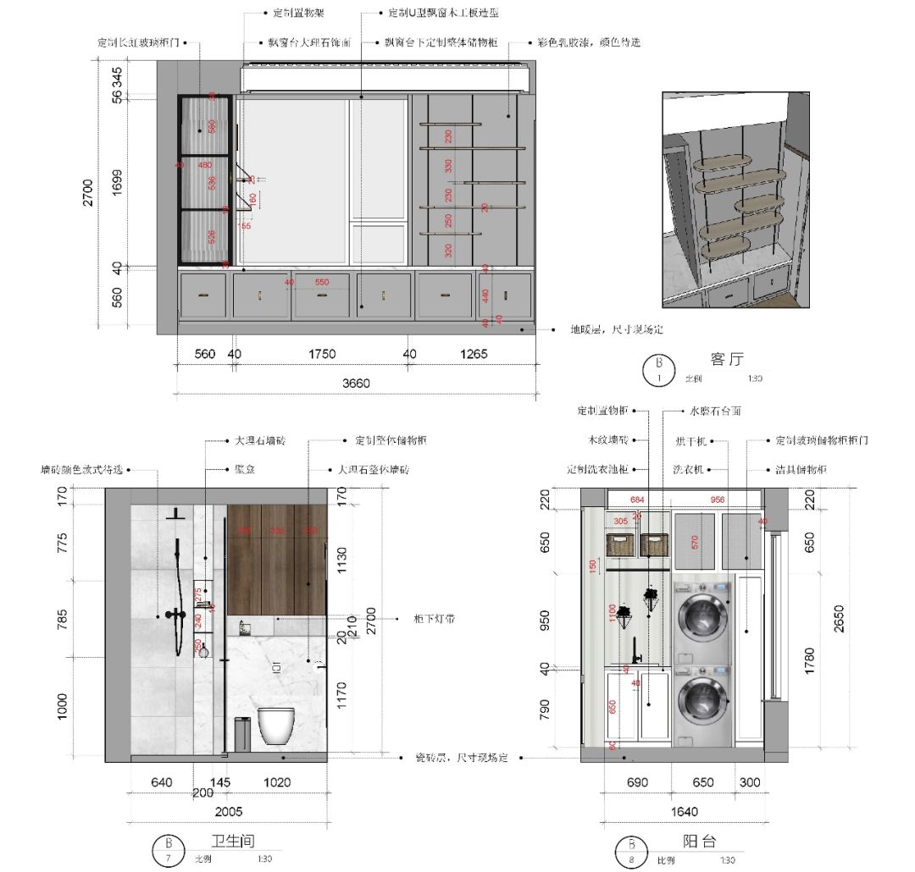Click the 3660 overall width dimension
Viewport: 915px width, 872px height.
coord(356,383)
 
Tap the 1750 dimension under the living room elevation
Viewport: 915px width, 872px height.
coord(322,354)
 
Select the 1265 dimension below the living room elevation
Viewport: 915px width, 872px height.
coord(474,354)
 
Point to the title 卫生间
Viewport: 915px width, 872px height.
coord(232,841)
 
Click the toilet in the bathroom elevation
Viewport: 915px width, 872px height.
coord(276,726)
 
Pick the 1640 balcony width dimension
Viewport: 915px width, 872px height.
coord(684,811)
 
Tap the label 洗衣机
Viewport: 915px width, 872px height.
coord(688,468)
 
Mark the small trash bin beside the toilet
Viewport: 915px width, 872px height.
coord(241,734)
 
